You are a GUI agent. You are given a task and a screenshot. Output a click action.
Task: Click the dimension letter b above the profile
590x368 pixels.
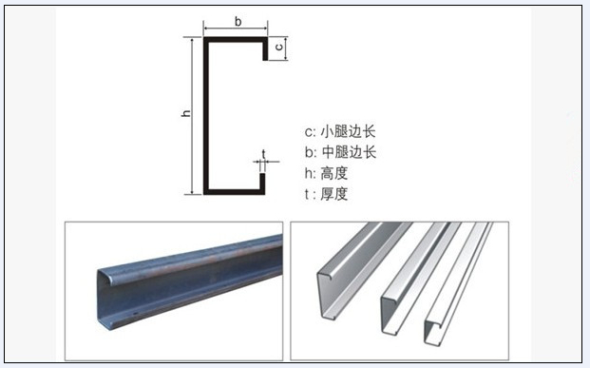pos(238,22)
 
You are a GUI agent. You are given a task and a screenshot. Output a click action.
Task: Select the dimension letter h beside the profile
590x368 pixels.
pos(186,112)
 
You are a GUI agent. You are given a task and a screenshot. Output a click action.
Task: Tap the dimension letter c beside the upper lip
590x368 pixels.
pos(278,47)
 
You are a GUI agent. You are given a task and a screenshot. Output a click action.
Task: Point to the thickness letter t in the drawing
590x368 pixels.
pos(263,154)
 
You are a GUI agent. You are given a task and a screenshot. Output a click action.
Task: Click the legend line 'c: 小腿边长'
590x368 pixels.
pos(340,131)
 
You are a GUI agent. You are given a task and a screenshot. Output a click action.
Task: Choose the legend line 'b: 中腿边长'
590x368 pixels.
pos(340,152)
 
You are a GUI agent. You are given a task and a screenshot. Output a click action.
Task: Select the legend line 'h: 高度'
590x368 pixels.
pos(326,173)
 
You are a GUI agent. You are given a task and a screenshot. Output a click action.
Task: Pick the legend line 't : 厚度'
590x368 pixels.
pos(326,194)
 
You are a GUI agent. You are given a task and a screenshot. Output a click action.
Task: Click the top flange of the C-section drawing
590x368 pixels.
pos(236,40)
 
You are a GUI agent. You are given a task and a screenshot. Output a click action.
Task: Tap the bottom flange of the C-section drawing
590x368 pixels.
pos(234,192)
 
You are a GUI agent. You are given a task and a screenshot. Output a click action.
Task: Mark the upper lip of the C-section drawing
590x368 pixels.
pos(265,48)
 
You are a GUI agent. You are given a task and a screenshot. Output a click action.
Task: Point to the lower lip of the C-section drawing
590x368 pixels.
pos(262,184)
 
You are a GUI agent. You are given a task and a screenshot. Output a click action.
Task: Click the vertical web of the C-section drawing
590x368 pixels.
pos(206,116)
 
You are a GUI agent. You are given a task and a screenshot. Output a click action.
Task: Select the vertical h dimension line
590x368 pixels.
pos(192,116)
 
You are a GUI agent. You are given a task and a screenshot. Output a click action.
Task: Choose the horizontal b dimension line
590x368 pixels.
pos(236,29)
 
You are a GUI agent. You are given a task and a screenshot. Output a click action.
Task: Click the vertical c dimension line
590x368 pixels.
pos(286,48)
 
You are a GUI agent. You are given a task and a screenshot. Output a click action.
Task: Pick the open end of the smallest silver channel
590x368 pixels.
pos(431,332)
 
